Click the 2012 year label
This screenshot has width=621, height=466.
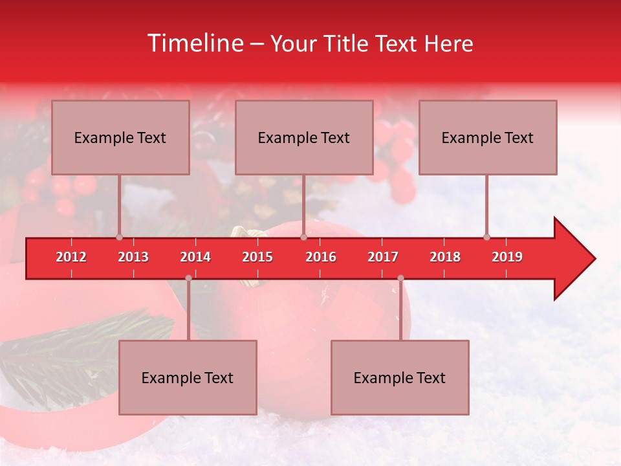click(71, 257)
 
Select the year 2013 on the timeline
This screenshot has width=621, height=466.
click(133, 257)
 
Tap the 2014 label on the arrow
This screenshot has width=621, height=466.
click(195, 257)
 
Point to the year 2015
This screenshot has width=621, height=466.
click(257, 257)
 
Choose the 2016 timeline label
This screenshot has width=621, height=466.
click(321, 257)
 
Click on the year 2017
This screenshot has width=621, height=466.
click(383, 257)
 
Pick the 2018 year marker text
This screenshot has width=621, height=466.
click(445, 257)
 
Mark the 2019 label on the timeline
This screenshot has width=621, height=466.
click(507, 257)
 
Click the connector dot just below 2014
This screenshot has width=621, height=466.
click(188, 278)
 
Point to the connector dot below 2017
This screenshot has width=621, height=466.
click(400, 278)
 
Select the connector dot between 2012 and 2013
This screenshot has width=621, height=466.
click(119, 237)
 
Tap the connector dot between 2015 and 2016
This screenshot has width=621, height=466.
click(303, 237)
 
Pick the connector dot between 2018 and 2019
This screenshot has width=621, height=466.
click(486, 237)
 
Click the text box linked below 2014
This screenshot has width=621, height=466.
click(188, 377)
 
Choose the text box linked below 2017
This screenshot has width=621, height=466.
click(400, 377)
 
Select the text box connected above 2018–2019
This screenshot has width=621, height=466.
click(488, 137)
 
